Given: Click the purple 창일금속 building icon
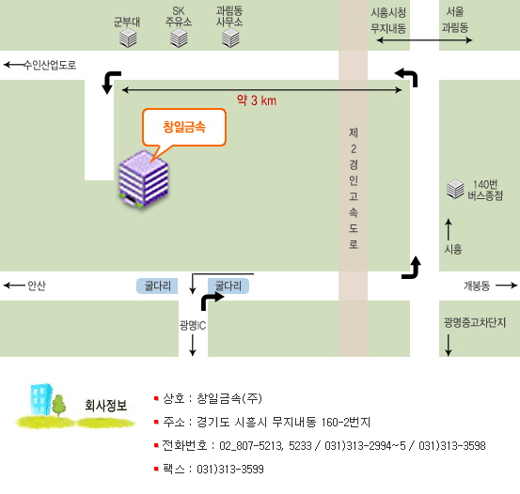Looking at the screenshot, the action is (x=144, y=179).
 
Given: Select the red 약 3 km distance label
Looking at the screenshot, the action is (x=257, y=100).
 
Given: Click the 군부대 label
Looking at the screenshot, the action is (x=127, y=22).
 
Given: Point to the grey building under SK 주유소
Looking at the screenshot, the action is (x=179, y=38).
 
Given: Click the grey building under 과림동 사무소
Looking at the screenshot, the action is (x=230, y=38).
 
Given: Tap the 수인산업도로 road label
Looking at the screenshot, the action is (x=50, y=65).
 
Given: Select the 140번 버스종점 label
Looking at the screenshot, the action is (x=485, y=190).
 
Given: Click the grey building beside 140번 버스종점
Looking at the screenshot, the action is (x=455, y=189).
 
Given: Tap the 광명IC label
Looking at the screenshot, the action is (x=193, y=325).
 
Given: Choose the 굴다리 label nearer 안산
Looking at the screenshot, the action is (x=157, y=286).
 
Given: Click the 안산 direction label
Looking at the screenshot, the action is (x=37, y=286).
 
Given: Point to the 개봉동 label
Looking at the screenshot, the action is (x=477, y=286).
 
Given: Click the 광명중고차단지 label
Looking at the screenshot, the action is (x=475, y=322).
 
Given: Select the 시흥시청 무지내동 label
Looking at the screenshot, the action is (x=388, y=21).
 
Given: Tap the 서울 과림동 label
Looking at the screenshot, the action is (x=455, y=20).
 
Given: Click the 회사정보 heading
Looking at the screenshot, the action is (x=106, y=405).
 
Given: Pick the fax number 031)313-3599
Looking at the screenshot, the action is (x=230, y=470).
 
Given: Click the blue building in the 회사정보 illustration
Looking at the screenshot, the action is (x=41, y=399).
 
